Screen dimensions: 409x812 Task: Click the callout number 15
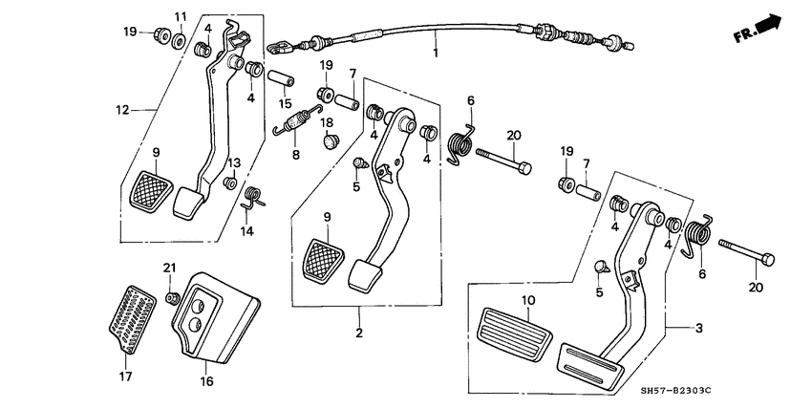tap(284, 103)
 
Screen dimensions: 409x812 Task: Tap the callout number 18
tap(326, 122)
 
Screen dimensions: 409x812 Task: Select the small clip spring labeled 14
tap(252, 198)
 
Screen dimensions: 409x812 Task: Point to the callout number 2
tap(360, 334)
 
